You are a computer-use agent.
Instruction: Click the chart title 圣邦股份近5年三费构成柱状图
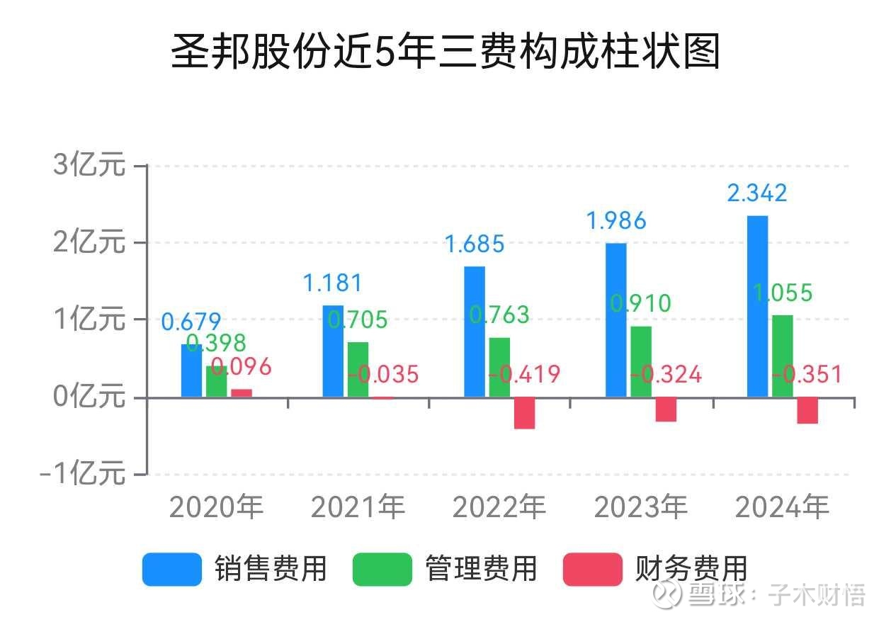pos(445,52)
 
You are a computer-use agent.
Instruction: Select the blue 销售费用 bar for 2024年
pos(757,306)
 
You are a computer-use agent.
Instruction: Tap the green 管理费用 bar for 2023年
pos(641,361)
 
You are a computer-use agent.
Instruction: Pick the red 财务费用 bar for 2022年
pos(524,413)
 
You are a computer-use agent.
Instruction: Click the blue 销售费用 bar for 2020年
pos(191,371)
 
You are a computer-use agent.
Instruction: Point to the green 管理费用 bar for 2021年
pos(358,370)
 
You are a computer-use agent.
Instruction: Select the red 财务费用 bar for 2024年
pos(807,410)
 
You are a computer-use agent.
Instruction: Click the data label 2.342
pos(757,193)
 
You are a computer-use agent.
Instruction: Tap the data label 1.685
pos(474,244)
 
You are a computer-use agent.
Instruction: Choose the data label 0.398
pos(216,344)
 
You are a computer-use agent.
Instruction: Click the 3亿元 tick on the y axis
pos(90,166)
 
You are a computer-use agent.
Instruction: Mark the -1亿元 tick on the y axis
pos(84,474)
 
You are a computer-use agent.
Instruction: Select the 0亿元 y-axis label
pos(90,397)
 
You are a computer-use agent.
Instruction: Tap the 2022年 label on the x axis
pos(499,507)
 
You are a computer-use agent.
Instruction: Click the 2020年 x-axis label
pos(216,507)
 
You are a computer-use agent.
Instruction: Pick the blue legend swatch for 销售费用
pos(172,569)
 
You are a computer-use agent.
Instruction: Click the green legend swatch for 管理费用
pos(382,569)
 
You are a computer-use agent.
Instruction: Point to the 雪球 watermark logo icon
pos(668,595)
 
